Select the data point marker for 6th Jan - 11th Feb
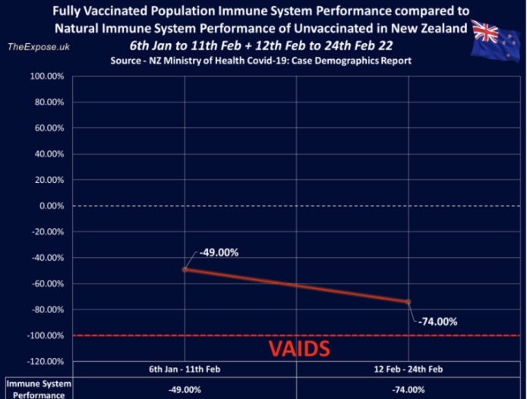[x=185, y=269]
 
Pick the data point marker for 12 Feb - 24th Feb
[x=409, y=302]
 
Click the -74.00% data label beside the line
[x=437, y=321]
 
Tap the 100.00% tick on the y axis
[x=46, y=76]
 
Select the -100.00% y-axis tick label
[x=44, y=335]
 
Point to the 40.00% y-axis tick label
[x=48, y=154]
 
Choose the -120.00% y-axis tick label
[x=44, y=361]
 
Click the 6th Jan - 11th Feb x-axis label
[x=185, y=370]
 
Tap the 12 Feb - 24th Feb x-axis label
[x=409, y=370]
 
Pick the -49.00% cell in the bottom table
[x=185, y=389]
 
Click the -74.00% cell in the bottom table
[x=409, y=389]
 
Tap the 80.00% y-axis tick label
[x=48, y=102]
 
